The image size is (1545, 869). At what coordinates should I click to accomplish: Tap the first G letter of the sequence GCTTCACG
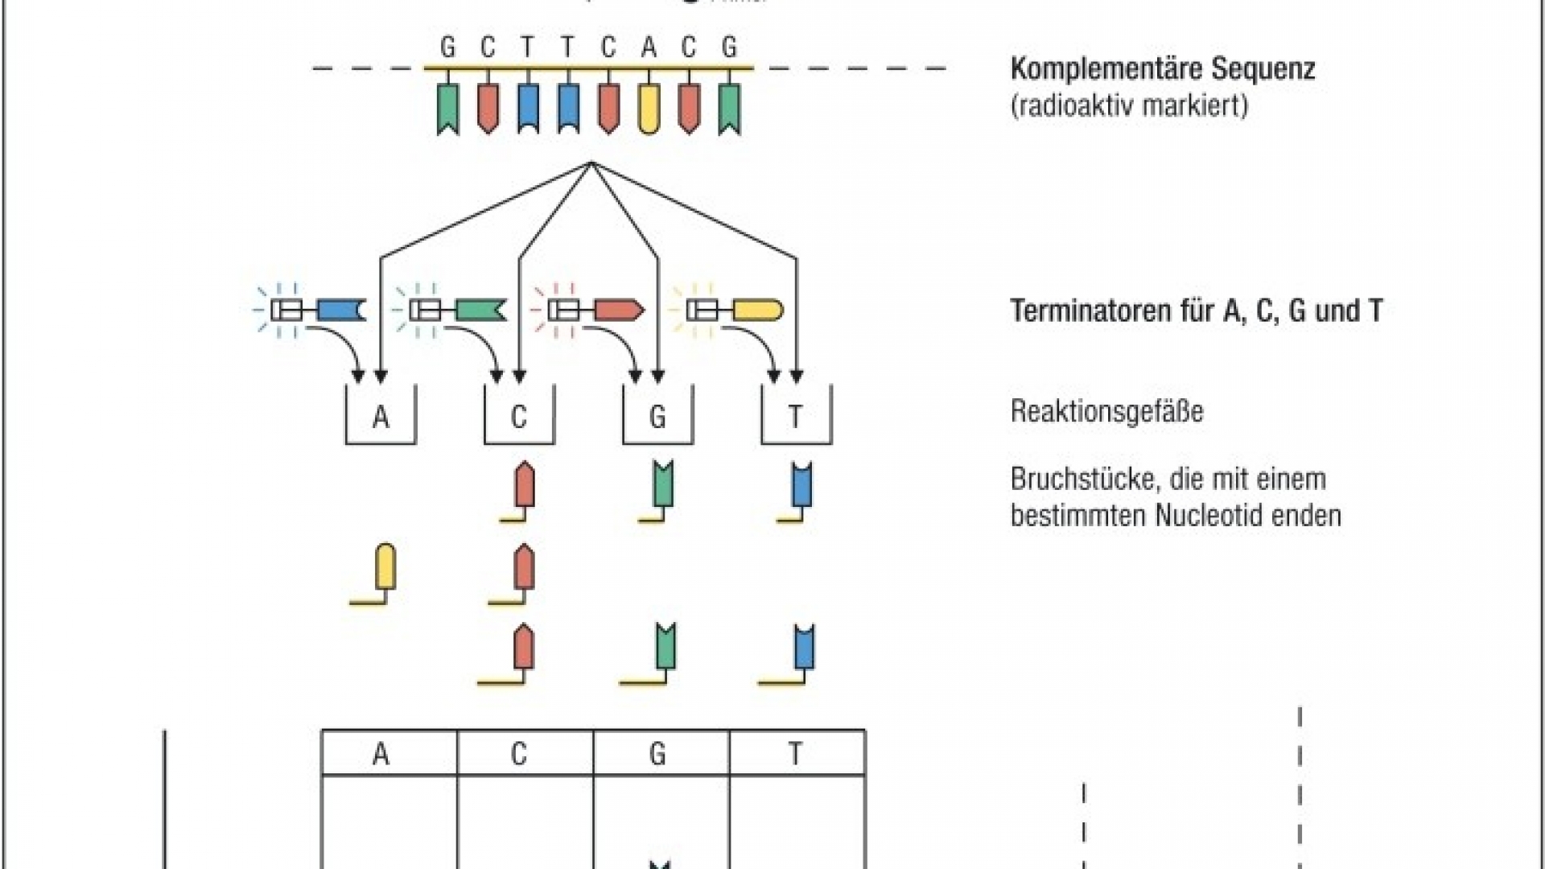pyautogui.click(x=448, y=47)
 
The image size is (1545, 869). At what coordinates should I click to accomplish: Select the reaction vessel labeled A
pyautogui.click(x=381, y=416)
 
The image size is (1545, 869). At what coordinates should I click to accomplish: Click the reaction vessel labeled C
pyautogui.click(x=519, y=416)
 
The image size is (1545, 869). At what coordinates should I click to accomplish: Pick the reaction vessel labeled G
pyautogui.click(x=657, y=416)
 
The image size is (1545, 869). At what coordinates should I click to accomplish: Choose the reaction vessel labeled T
pyautogui.click(x=796, y=416)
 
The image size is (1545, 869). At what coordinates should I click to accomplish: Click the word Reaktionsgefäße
pyautogui.click(x=1106, y=411)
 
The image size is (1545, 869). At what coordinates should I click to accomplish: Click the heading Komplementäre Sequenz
pyautogui.click(x=1162, y=68)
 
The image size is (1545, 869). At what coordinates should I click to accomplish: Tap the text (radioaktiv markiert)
pyautogui.click(x=1129, y=105)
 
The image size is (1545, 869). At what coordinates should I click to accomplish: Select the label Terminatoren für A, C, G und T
pyautogui.click(x=1196, y=311)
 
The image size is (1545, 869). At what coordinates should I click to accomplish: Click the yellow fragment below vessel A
pyautogui.click(x=385, y=567)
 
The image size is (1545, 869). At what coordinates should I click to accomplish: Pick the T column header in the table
pyautogui.click(x=796, y=754)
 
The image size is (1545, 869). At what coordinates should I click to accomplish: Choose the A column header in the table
pyautogui.click(x=381, y=754)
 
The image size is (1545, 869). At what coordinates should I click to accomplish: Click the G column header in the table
pyautogui.click(x=657, y=754)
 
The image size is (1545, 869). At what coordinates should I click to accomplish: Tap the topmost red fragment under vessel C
pyautogui.click(x=524, y=484)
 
